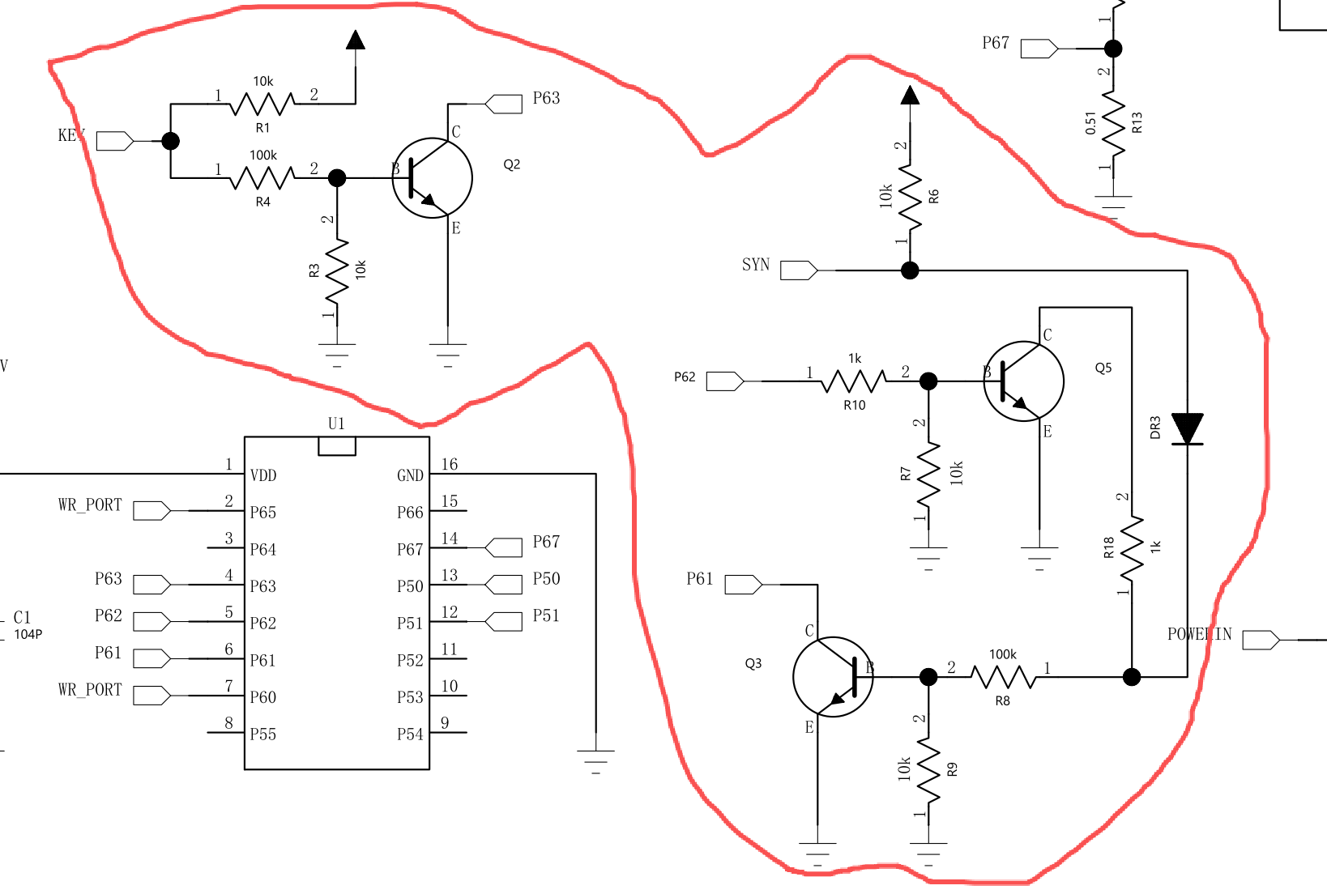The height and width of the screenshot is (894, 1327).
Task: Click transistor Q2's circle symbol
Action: pyautogui.click(x=432, y=178)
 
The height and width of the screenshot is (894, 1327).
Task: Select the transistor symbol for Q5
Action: pyautogui.click(x=1023, y=381)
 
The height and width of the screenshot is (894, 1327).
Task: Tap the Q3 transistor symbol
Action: pyautogui.click(x=833, y=676)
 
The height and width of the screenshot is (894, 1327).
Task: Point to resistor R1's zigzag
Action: pyautogui.click(x=262, y=104)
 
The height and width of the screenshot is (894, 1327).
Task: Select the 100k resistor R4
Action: pyautogui.click(x=262, y=177)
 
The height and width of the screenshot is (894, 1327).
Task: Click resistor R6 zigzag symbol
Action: pyautogui.click(x=910, y=198)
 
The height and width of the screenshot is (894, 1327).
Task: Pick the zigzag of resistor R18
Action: pyautogui.click(x=1132, y=547)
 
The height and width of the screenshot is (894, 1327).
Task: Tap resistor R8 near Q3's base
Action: pyautogui.click(x=1003, y=676)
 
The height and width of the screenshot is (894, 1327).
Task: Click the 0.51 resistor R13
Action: pyautogui.click(x=1114, y=126)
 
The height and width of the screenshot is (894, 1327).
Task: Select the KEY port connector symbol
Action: pyautogui.click(x=114, y=141)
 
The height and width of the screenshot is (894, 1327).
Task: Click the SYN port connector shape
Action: pyautogui.click(x=799, y=270)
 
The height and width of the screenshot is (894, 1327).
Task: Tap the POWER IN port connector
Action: pyautogui.click(x=1261, y=640)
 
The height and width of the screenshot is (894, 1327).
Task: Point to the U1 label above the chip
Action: pyautogui.click(x=336, y=423)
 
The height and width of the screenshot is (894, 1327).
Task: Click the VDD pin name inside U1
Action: pyautogui.click(x=263, y=475)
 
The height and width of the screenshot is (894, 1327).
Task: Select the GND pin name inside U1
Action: pyautogui.click(x=410, y=475)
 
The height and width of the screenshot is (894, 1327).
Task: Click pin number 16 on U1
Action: pyautogui.click(x=449, y=464)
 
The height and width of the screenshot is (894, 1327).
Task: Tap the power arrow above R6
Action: pyautogui.click(x=910, y=96)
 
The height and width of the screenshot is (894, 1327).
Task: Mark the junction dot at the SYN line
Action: pyautogui.click(x=910, y=270)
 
